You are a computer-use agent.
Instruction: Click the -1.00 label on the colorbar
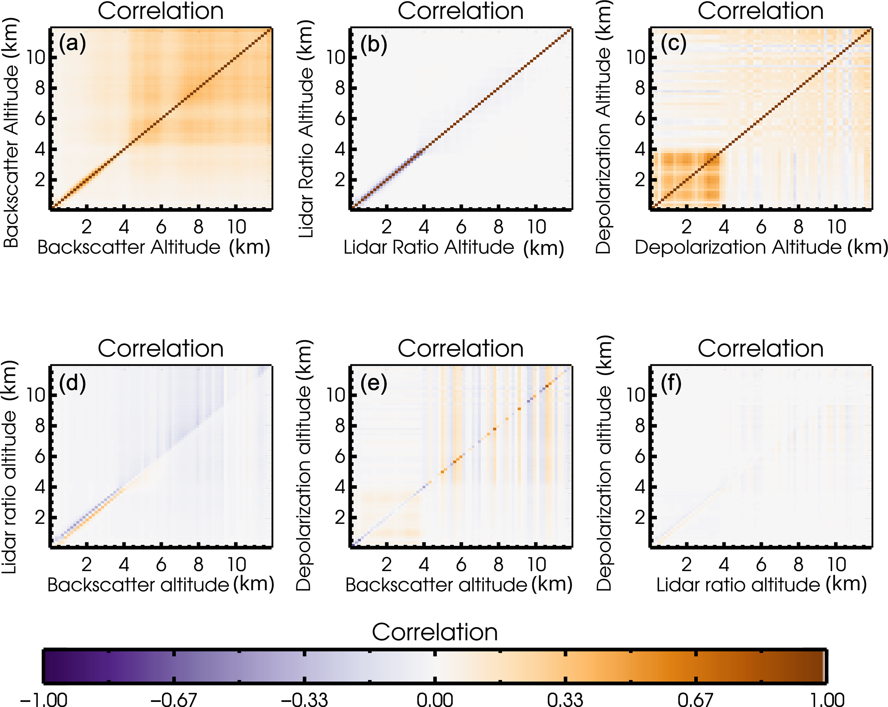(43, 699)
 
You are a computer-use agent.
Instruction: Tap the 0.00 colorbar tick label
(435, 699)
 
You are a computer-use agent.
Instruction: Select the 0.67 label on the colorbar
(695, 699)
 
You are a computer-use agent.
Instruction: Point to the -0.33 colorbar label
(304, 699)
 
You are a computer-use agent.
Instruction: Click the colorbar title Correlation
(435, 632)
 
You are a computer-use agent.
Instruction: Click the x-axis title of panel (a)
(153, 248)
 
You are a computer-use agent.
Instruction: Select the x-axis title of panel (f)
(761, 585)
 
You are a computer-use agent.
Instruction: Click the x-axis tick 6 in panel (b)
(461, 226)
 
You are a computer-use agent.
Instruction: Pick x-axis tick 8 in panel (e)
(498, 564)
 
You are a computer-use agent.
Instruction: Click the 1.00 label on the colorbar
(826, 699)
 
